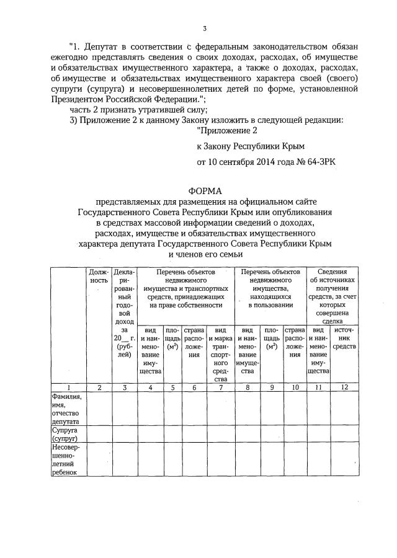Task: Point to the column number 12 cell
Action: point(345,387)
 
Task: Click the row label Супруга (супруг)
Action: point(63,432)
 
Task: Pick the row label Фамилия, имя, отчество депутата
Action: point(64,409)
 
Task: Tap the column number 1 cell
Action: point(69,387)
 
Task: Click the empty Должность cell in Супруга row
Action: point(99,432)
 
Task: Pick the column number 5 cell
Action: point(172,387)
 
